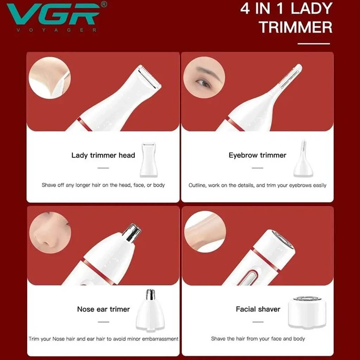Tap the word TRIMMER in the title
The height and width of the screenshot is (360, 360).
click(x=296, y=27)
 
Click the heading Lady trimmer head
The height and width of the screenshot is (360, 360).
click(x=103, y=155)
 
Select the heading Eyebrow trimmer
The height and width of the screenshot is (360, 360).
click(x=257, y=155)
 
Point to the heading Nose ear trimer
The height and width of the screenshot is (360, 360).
click(x=104, y=309)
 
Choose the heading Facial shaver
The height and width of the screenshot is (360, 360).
click(x=258, y=309)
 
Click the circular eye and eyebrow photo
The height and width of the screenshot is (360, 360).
click(x=204, y=78)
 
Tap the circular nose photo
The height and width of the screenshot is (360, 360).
click(x=50, y=233)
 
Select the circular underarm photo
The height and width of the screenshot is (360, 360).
click(x=50, y=78)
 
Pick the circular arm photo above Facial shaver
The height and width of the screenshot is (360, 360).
click(x=205, y=232)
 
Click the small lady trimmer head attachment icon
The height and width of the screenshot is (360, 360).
click(x=149, y=160)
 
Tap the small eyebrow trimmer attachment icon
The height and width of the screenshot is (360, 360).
click(x=303, y=159)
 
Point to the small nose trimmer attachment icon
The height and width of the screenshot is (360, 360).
click(x=150, y=310)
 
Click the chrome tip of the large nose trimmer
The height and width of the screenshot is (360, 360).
click(x=132, y=233)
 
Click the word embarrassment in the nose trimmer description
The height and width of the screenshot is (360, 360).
click(x=160, y=339)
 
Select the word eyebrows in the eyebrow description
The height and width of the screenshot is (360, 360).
click(x=303, y=186)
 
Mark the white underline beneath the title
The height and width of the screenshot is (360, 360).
click(x=314, y=44)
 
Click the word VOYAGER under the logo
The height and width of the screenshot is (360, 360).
click(x=57, y=30)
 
